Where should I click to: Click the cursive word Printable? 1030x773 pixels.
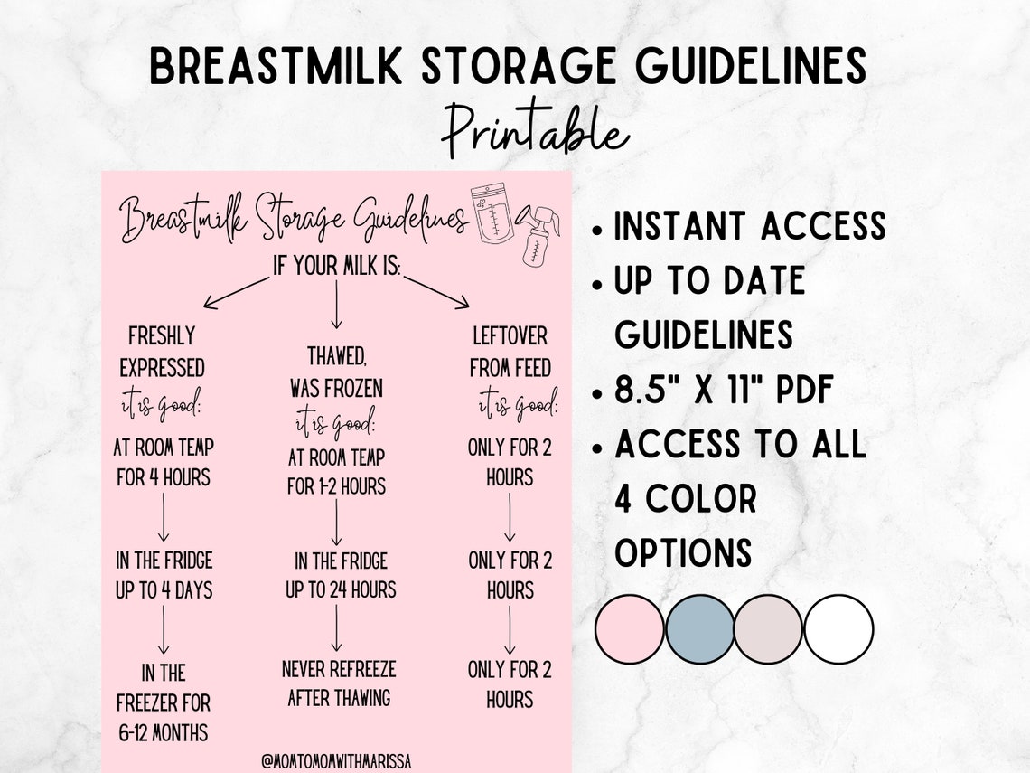pos(534,131)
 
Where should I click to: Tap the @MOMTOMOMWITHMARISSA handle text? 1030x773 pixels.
pos(336,760)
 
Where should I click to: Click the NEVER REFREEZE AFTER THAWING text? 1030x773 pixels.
pos(339,683)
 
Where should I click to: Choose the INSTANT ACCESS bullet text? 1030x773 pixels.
pos(749,226)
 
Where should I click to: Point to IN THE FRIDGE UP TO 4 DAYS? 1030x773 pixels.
pos(164,575)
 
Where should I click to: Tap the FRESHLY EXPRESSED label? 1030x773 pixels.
pos(163,352)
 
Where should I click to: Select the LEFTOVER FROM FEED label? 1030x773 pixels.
pos(510,352)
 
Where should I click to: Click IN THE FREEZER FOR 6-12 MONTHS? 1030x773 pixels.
pos(164,702)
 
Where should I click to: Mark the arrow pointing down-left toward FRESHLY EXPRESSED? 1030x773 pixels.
pos(235,293)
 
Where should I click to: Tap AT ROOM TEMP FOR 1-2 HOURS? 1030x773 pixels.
pos(336,470)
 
